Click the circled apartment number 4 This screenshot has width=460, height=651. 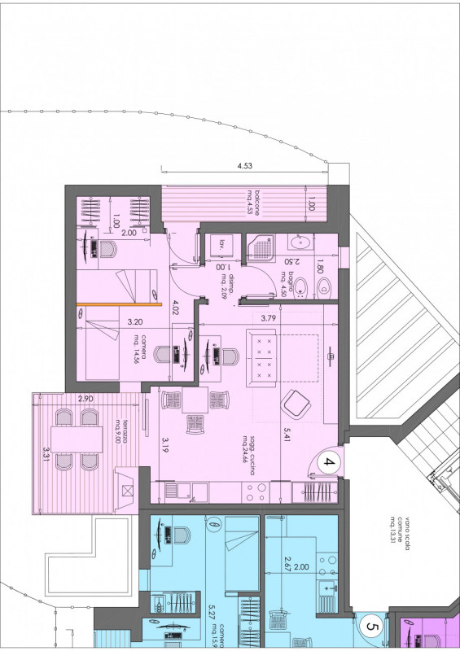tap(330, 463)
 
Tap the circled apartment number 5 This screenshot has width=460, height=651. tap(371, 627)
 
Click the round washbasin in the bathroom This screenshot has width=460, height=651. tap(303, 242)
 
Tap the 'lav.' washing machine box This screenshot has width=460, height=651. tap(220, 244)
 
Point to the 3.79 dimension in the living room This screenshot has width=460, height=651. tap(269, 318)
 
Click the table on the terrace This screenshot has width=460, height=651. tap(77, 439)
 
